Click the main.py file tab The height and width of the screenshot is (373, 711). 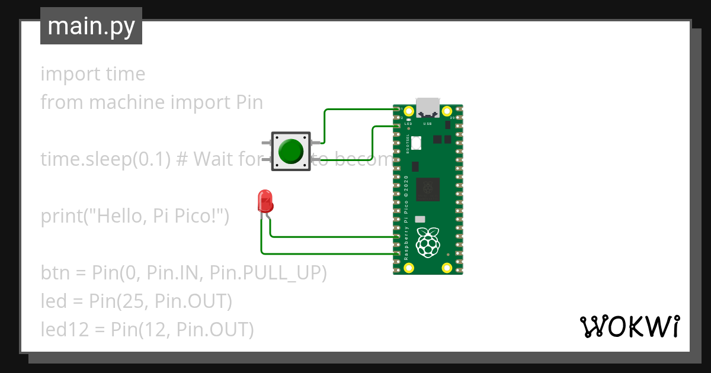(x=91, y=26)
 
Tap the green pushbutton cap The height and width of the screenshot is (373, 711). (x=290, y=152)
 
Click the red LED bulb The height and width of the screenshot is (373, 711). (x=265, y=201)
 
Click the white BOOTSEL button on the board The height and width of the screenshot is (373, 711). (x=416, y=143)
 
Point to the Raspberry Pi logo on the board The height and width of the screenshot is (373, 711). (x=428, y=242)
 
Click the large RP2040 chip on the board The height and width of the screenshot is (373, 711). (x=428, y=189)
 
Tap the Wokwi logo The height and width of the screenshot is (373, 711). (x=629, y=326)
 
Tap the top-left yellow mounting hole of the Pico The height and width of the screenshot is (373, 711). (x=408, y=111)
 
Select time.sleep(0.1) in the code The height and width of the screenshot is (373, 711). (x=105, y=159)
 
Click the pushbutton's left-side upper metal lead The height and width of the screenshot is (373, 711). (x=265, y=143)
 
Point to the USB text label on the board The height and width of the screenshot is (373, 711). (x=427, y=124)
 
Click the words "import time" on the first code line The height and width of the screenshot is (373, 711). (x=92, y=74)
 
